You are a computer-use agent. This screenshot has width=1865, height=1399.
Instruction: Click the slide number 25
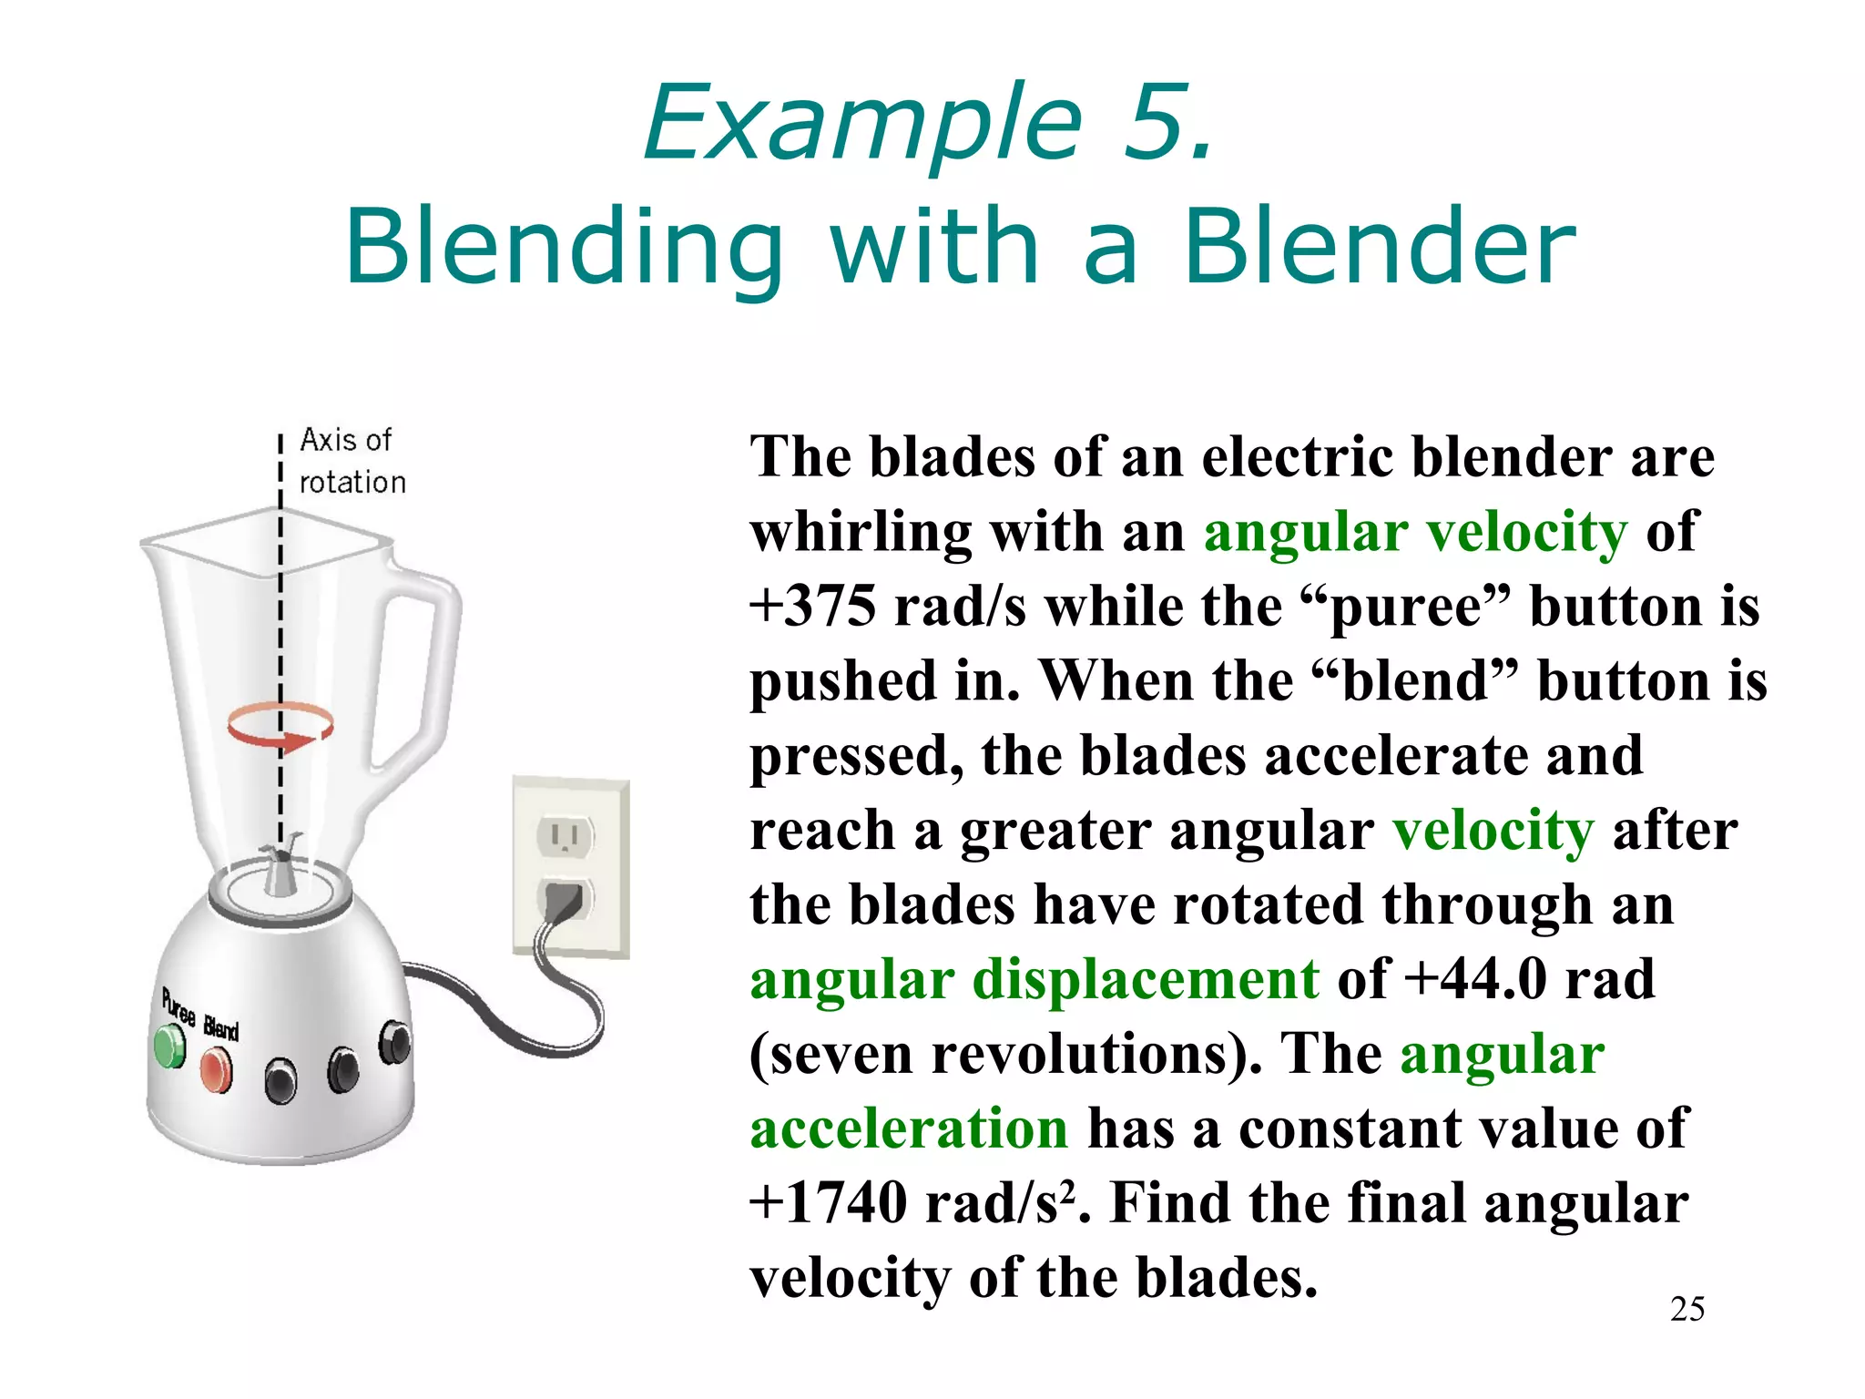pyautogui.click(x=1687, y=1309)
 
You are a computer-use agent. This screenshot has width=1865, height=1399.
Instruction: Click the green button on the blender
pyautogui.click(x=169, y=1047)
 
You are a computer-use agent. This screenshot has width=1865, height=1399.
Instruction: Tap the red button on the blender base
pyautogui.click(x=216, y=1069)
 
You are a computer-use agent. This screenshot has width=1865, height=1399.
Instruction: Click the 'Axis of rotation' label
pyautogui.click(x=352, y=461)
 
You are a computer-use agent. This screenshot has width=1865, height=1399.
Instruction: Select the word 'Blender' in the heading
pyautogui.click(x=1379, y=247)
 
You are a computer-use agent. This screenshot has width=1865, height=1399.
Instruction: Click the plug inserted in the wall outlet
pyautogui.click(x=564, y=901)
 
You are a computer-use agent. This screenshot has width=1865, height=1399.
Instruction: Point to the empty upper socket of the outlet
pyautogui.click(x=565, y=834)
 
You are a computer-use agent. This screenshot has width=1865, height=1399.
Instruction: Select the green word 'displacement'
pyautogui.click(x=1146, y=980)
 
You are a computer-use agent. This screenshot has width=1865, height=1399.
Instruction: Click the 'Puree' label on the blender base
pyautogui.click(x=178, y=1006)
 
